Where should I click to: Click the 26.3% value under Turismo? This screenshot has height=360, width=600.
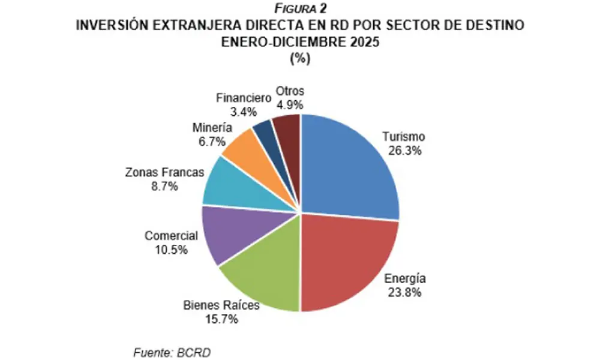point(404,150)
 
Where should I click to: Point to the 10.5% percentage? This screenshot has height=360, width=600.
point(171,248)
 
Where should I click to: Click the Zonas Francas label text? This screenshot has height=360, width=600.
point(164,172)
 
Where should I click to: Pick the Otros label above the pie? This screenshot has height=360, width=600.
point(290,91)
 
